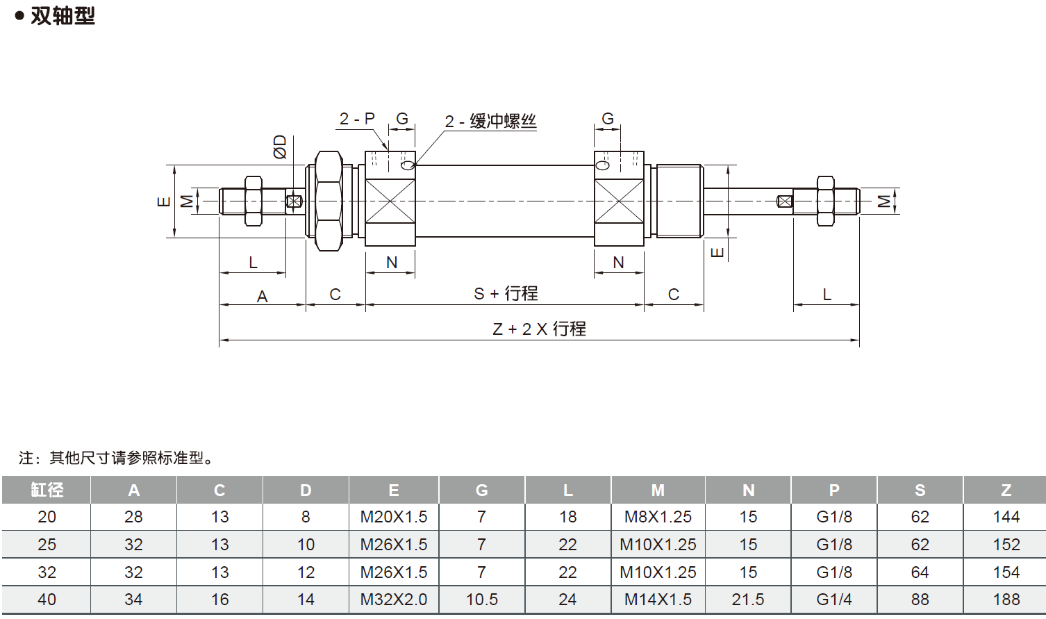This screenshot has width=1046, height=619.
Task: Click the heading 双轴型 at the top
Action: point(63,15)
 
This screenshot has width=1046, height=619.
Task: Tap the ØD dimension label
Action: point(280,147)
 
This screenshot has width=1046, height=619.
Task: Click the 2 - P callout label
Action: point(356,119)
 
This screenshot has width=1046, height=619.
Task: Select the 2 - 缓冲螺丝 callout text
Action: point(490,122)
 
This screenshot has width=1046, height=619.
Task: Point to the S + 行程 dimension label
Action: point(506,294)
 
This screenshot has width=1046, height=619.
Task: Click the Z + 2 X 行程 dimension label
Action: point(539,329)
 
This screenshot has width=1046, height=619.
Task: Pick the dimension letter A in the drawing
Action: point(262,297)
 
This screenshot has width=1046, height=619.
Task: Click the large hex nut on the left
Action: point(329,201)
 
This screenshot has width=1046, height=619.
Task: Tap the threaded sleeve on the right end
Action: point(679,201)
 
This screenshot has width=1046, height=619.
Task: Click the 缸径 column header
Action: point(47,490)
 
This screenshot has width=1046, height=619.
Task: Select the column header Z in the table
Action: point(1006,490)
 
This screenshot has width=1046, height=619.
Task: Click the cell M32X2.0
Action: point(393,600)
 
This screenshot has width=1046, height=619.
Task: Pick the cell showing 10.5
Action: point(481,600)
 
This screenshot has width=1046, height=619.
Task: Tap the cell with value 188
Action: point(1006,600)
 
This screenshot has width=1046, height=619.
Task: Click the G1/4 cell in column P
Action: point(833,600)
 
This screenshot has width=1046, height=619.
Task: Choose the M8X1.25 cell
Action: point(658,517)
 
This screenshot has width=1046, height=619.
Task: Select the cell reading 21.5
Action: point(747,600)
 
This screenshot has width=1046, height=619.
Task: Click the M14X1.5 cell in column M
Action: point(658,600)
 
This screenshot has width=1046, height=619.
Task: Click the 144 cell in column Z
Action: point(1006,517)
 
